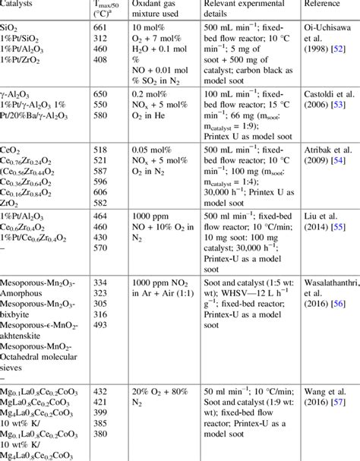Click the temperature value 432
99,390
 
